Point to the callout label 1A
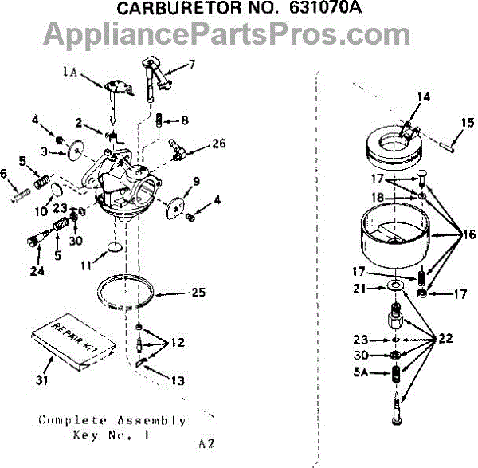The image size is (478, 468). pyautogui.click(x=72, y=72)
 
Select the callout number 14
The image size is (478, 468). pyautogui.click(x=422, y=96)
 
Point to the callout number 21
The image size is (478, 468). pyautogui.click(x=359, y=288)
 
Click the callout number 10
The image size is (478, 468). pyautogui.click(x=41, y=211)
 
